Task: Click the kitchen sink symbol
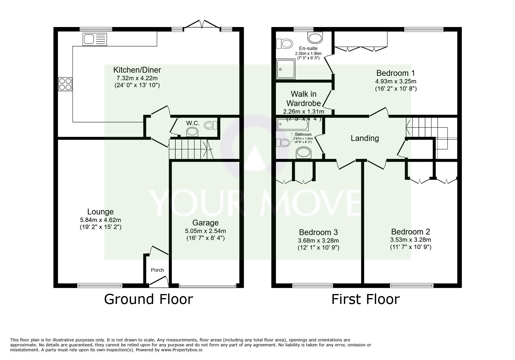click(x=95, y=39)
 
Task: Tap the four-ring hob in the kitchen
click(x=65, y=84)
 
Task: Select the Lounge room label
click(x=100, y=212)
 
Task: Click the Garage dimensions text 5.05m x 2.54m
click(x=205, y=231)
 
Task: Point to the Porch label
click(x=157, y=270)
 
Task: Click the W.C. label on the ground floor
click(x=193, y=123)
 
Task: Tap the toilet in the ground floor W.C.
click(x=211, y=126)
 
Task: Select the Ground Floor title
click(x=148, y=299)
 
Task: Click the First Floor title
click(x=366, y=299)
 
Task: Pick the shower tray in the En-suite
click(x=286, y=69)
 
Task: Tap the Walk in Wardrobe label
click(x=304, y=98)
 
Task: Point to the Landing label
click(x=365, y=138)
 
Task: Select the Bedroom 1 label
click(x=395, y=73)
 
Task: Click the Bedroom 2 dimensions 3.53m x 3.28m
click(x=410, y=240)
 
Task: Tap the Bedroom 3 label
click(x=318, y=232)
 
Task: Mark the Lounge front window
click(x=95, y=286)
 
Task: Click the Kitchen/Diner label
click(x=137, y=70)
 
